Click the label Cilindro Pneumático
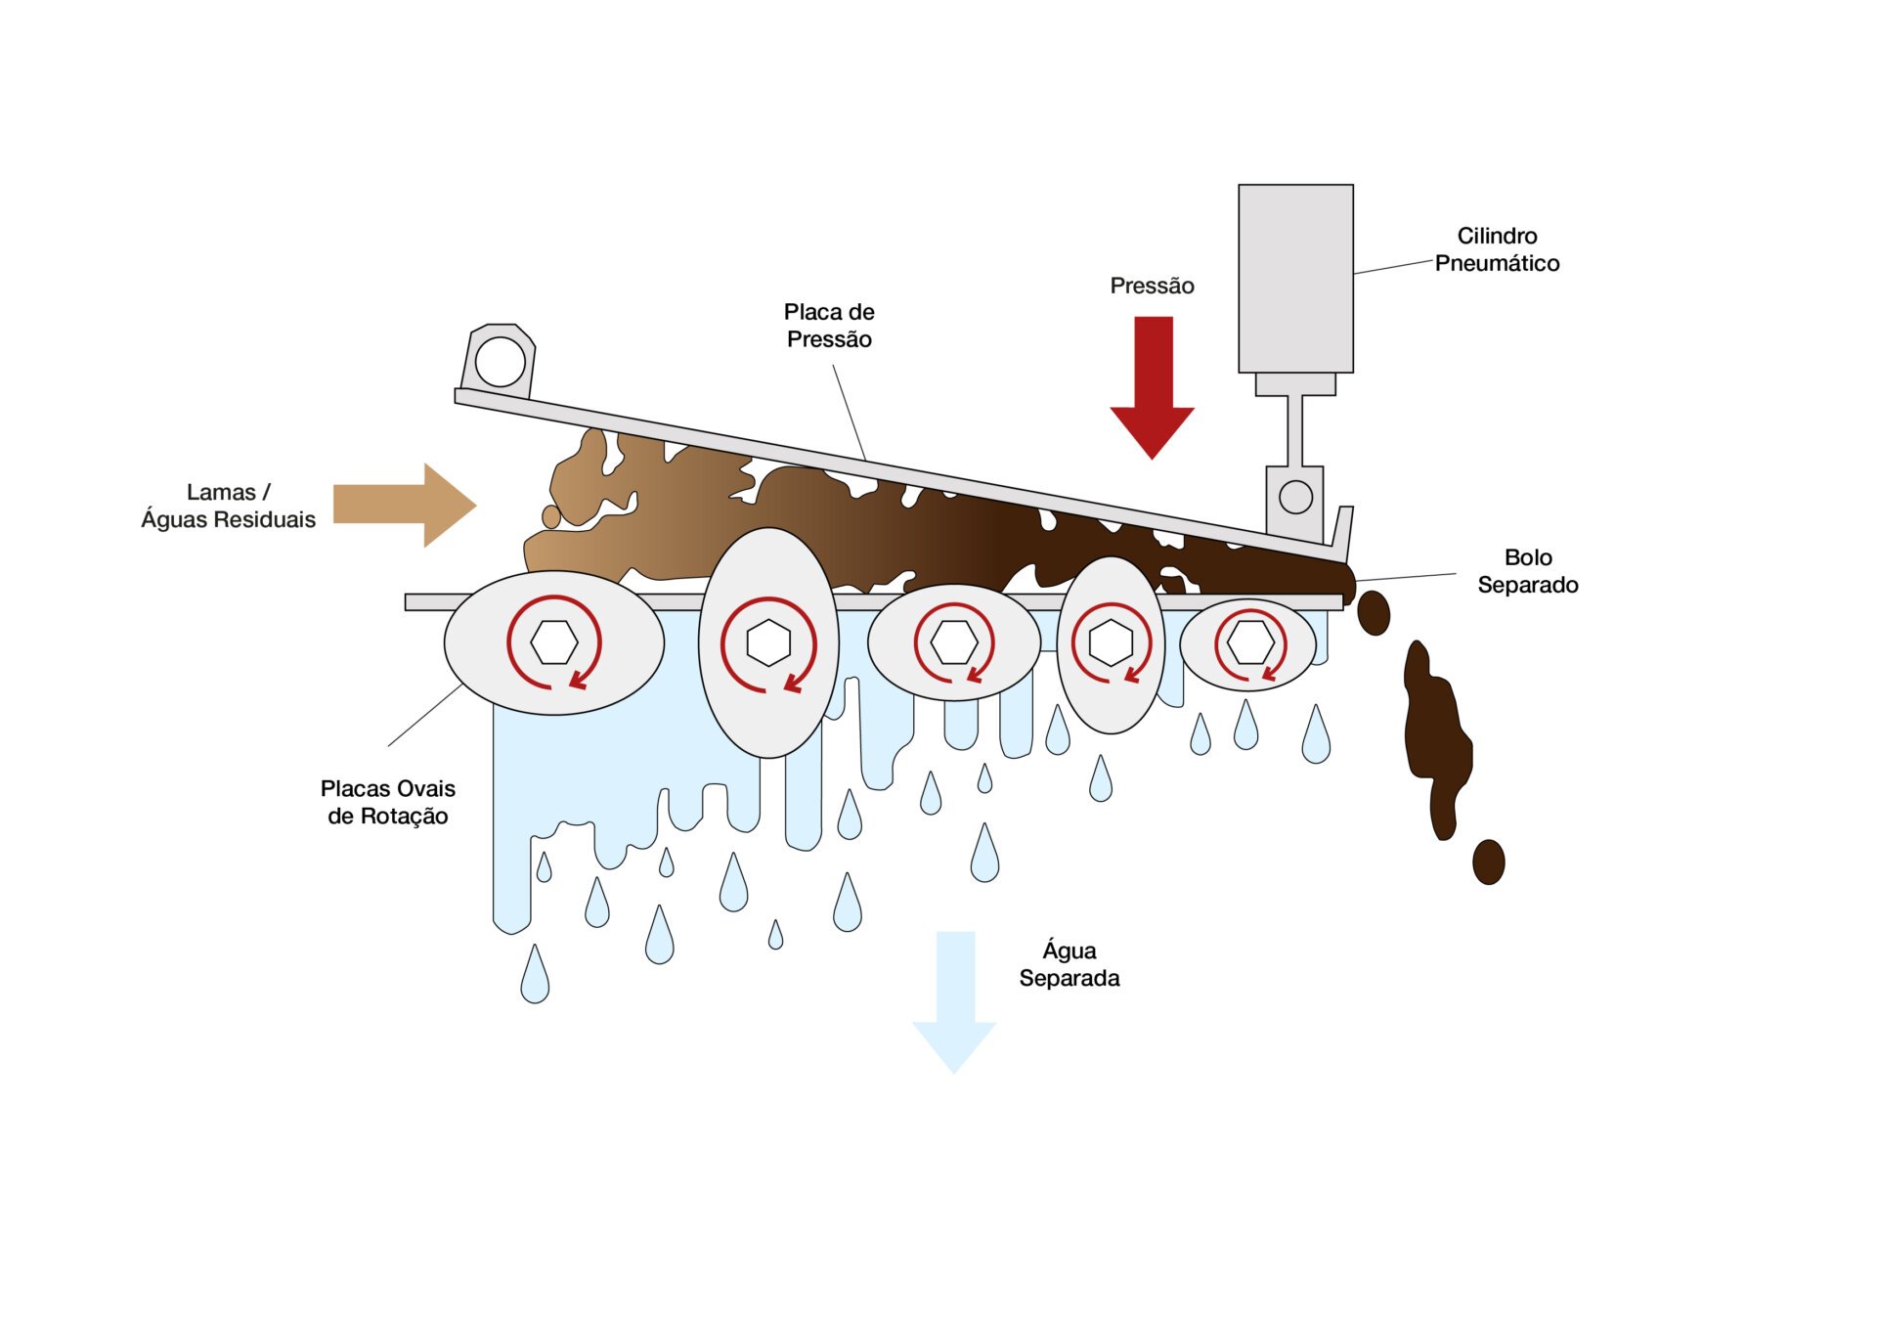coord(1497,249)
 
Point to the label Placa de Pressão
coord(829,326)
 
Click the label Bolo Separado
coord(1527,571)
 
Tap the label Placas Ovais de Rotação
coord(388,802)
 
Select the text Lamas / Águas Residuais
coord(228,506)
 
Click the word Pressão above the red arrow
coord(1152,286)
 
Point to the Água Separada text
coord(1069,964)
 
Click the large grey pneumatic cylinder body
coord(1295,279)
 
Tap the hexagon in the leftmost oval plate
coord(554,642)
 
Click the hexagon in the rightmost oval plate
coord(1250,642)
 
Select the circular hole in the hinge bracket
coord(500,362)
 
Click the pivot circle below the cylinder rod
coord(1295,497)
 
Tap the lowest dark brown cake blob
coord(1488,862)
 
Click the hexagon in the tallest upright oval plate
coord(768,642)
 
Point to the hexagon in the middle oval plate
coord(953,642)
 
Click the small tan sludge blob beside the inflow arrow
coord(551,516)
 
